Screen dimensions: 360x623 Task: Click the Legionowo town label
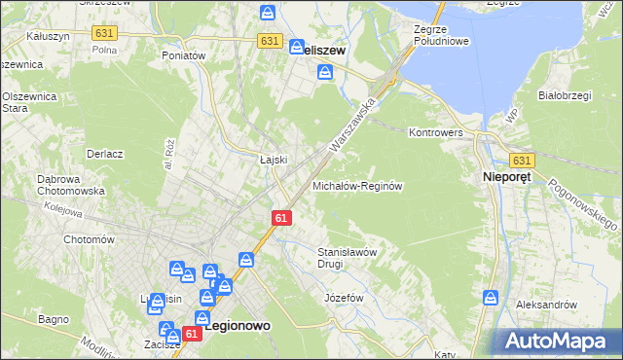(238, 329)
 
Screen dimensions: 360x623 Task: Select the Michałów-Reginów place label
(357, 185)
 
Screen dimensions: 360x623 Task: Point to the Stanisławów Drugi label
(348, 257)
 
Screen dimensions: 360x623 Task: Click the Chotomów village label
(89, 239)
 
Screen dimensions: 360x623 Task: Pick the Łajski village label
(271, 161)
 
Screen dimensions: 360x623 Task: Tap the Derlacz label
(104, 154)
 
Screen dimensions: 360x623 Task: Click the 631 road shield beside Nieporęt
(521, 161)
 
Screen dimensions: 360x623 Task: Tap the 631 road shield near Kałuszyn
(104, 33)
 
